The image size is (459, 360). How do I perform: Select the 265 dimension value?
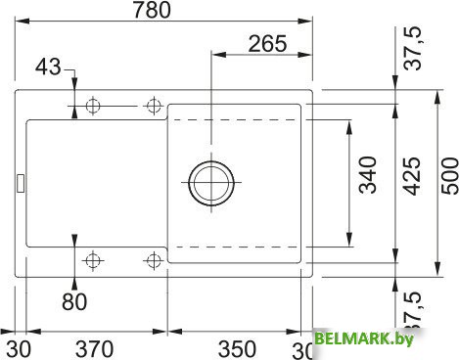click(266, 43)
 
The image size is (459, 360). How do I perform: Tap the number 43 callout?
click(46, 67)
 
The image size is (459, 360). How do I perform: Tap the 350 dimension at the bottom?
click(237, 348)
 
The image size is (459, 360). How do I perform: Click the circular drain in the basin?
click(209, 183)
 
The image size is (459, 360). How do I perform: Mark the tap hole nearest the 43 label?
click(94, 105)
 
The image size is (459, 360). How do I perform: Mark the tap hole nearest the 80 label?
click(94, 260)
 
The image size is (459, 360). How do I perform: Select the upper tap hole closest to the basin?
click(153, 105)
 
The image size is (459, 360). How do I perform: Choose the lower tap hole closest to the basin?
click(153, 260)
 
